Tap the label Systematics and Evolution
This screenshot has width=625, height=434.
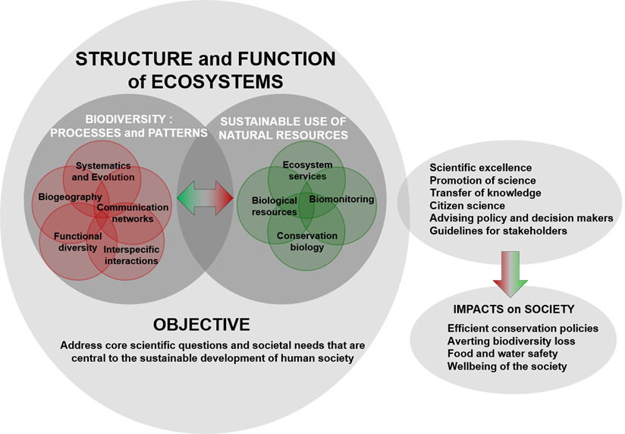point(105,171)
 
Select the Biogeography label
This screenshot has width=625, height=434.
point(70,197)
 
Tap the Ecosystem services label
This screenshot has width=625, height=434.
point(304,171)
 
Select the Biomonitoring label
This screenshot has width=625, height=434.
point(341,200)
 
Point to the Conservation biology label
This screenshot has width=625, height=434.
point(306,241)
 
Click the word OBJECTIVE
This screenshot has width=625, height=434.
point(201,325)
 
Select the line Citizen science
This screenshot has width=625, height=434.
point(466,206)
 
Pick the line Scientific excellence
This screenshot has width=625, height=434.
point(480,168)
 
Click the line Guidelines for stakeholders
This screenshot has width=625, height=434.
point(498,231)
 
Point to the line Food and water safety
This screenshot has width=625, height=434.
point(503,354)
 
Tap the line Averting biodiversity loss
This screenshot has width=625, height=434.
point(511,341)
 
